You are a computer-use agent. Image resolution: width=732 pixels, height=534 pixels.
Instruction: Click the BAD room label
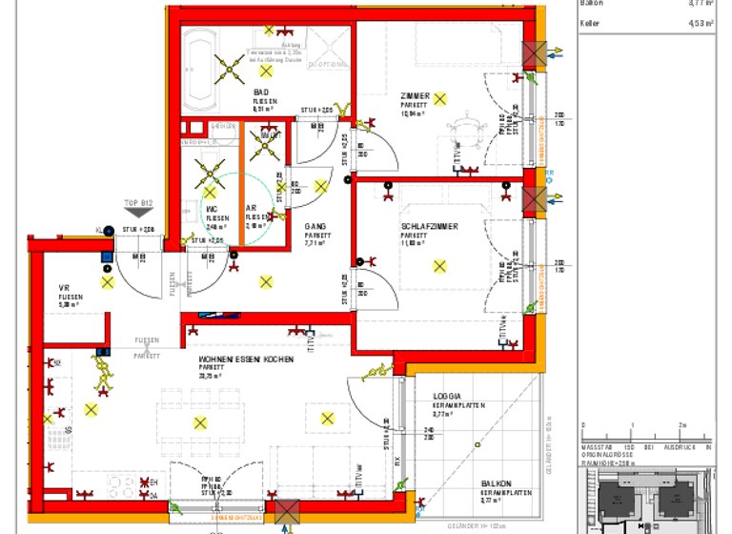260,92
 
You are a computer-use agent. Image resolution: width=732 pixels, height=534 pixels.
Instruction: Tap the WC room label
212,208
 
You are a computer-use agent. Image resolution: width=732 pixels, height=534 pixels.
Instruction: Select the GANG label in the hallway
315,226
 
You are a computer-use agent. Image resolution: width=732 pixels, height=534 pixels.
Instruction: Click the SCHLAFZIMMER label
429,226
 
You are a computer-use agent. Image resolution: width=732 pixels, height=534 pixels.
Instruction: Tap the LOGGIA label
447,396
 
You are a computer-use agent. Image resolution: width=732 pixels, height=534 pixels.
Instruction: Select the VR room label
65,288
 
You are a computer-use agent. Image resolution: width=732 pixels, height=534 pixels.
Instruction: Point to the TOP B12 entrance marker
138,203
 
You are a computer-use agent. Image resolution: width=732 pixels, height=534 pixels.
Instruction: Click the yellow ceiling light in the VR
108,282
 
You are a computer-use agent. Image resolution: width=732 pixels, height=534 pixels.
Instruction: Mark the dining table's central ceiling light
200,423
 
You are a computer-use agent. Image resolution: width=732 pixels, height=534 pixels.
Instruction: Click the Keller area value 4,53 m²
701,24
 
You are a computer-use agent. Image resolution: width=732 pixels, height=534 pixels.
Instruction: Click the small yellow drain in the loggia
476,444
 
